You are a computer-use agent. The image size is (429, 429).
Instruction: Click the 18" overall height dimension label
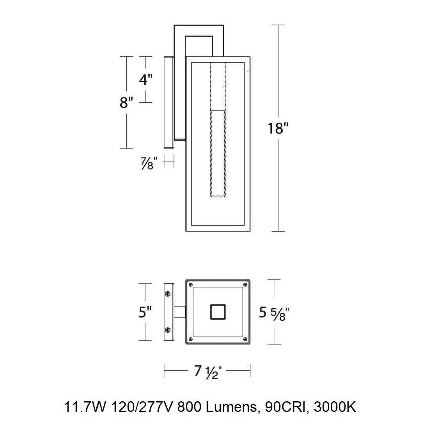tap(278, 128)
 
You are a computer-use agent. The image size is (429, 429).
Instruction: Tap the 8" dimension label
tap(126, 103)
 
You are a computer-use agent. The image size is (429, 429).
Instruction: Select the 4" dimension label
tap(145, 80)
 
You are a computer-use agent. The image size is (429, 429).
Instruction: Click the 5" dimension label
tap(145, 312)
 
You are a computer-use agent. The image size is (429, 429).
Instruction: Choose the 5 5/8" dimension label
tap(274, 314)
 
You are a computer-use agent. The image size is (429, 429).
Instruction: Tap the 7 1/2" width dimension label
tap(207, 372)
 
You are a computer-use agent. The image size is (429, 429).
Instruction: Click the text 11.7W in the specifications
tap(85, 407)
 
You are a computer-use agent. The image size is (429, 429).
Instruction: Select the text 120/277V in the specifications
tap(142, 407)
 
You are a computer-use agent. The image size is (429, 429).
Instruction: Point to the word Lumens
tap(231, 407)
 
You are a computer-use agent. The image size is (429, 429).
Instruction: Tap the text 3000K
tap(335, 407)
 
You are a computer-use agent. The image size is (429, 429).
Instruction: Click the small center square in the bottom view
tap(218, 312)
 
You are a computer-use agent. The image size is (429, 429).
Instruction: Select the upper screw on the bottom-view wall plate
tap(168, 294)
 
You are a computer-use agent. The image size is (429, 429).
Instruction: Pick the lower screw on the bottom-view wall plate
tap(168, 330)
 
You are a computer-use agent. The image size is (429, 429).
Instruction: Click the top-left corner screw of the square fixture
tap(191, 285)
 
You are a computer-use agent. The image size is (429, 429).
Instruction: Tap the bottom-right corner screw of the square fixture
tap(245, 339)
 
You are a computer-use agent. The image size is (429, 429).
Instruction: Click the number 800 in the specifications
tap(189, 407)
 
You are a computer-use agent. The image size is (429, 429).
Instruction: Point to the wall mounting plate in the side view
tap(169, 102)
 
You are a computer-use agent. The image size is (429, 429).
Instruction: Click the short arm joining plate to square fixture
tap(180, 312)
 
